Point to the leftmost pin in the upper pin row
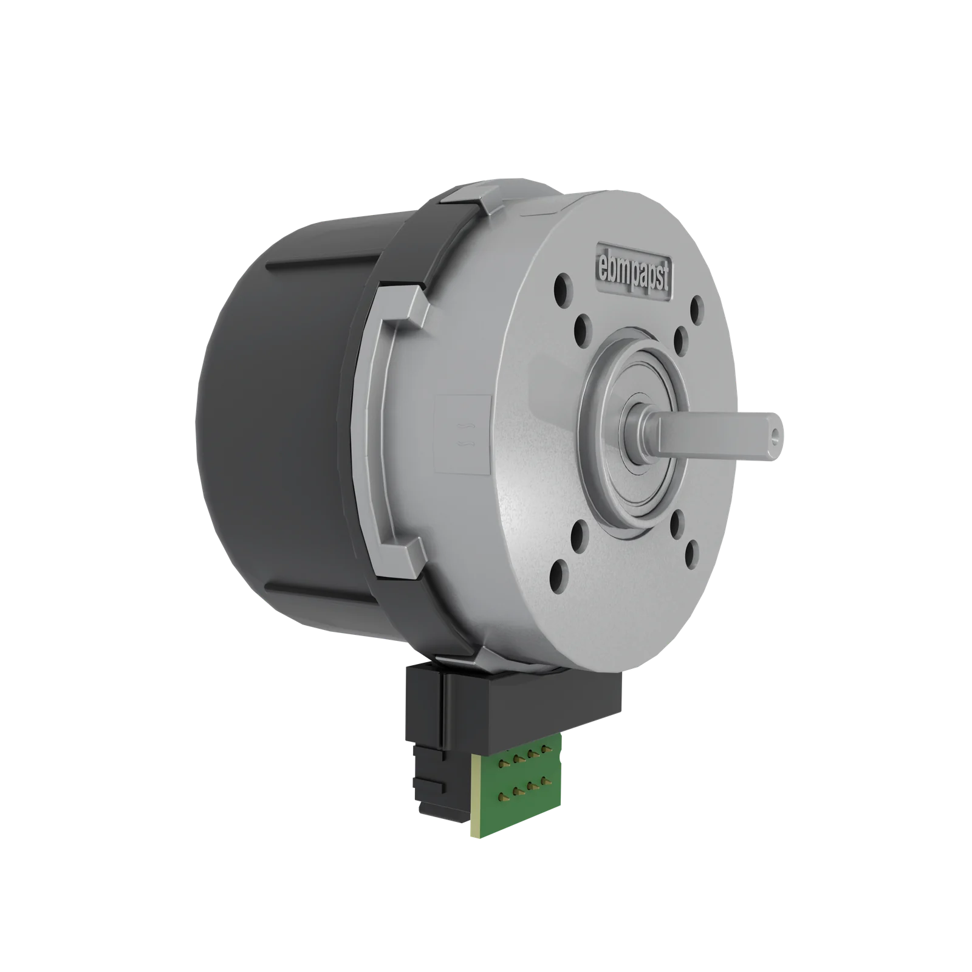502,763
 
